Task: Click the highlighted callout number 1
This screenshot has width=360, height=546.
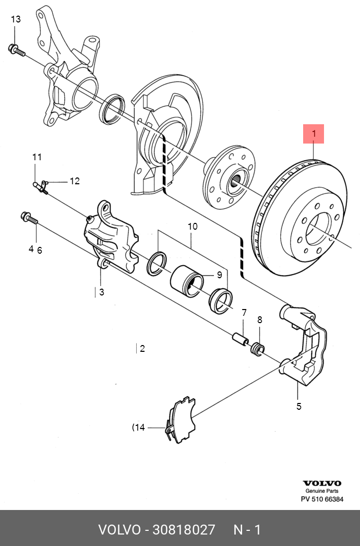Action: pyautogui.click(x=314, y=134)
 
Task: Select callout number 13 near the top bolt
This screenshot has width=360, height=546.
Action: pyautogui.click(x=16, y=19)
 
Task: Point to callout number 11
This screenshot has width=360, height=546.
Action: pyautogui.click(x=37, y=157)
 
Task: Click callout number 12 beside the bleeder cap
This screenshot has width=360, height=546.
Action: pyautogui.click(x=75, y=181)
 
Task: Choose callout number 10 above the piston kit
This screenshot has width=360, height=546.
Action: pyautogui.click(x=193, y=227)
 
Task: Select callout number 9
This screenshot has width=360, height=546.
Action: pyautogui.click(x=219, y=275)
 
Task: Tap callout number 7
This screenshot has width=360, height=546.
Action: pyautogui.click(x=243, y=313)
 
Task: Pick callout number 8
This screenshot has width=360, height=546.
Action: pyautogui.click(x=259, y=319)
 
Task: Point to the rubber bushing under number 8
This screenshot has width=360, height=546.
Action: pyautogui.click(x=257, y=348)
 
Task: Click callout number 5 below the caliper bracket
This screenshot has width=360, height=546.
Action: pyautogui.click(x=299, y=406)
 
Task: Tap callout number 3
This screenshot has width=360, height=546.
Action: pyautogui.click(x=101, y=292)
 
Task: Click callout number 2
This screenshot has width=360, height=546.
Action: pyautogui.click(x=142, y=349)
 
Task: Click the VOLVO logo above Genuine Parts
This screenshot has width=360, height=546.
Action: pyautogui.click(x=322, y=483)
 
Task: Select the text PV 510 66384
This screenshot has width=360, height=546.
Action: pyautogui.click(x=322, y=500)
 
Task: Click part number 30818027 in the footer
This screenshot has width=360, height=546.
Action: pyautogui.click(x=183, y=530)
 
